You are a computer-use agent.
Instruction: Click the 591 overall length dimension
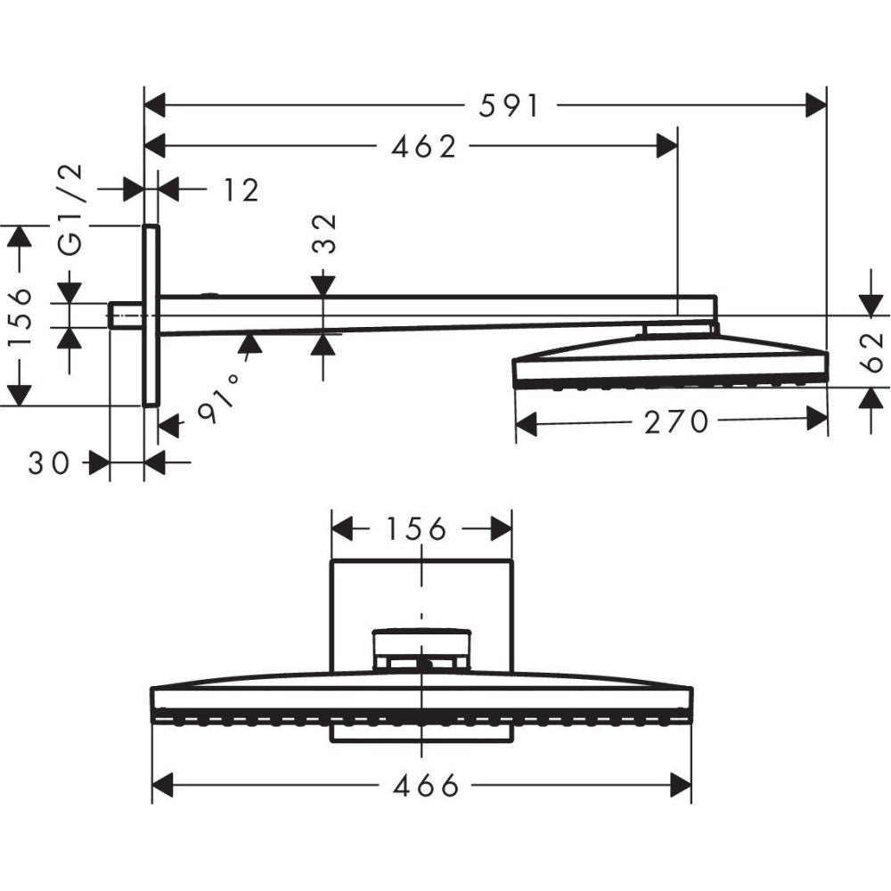510,106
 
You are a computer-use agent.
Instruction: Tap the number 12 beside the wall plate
240,190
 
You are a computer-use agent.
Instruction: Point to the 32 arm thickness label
325,233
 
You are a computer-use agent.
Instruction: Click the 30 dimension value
48,462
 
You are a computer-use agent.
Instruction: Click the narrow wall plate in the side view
151,315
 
